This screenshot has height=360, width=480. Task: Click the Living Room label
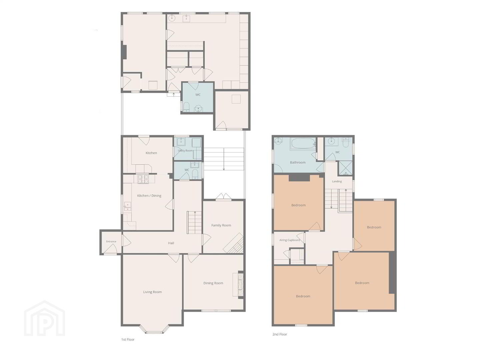[x=152, y=292]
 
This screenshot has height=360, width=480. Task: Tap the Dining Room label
[x=213, y=283]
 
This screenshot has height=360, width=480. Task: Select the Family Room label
[x=221, y=225]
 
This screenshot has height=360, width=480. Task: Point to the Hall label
[x=171, y=243]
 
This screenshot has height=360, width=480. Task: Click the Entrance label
[x=111, y=241]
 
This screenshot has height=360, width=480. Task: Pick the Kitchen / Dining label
[x=149, y=196]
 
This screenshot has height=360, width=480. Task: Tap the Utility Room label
[x=185, y=150]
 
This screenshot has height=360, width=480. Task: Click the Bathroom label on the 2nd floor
[x=298, y=162]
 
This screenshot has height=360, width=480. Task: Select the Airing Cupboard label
[x=290, y=240]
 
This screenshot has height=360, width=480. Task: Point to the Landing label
[x=337, y=181]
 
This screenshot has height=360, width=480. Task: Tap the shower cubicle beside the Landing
[x=346, y=168]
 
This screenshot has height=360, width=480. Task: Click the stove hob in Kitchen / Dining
[x=143, y=179]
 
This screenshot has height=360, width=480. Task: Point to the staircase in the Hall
[x=194, y=223]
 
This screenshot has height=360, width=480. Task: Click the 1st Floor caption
[x=128, y=339]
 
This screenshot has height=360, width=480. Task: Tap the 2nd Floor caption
[x=280, y=334]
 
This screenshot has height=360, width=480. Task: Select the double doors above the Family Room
[x=223, y=197]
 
